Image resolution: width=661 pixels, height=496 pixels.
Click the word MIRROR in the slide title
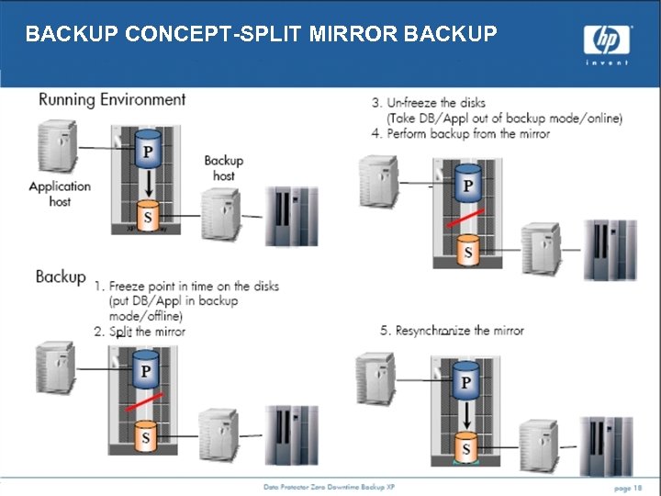pyautogui.click(x=354, y=34)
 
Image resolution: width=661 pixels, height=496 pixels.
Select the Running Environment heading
pyautogui.click(x=112, y=99)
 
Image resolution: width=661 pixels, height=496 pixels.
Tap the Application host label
pyautogui.click(x=60, y=193)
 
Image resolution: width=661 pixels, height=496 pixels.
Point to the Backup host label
pyautogui.click(x=223, y=168)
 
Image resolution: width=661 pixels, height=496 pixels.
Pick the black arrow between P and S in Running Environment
pyautogui.click(x=145, y=185)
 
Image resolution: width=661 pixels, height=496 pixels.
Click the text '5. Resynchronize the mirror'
pyautogui.click(x=452, y=331)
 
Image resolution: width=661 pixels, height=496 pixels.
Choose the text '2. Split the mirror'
pyautogui.click(x=140, y=332)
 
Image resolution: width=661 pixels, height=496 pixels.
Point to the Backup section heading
pyautogui.click(x=61, y=276)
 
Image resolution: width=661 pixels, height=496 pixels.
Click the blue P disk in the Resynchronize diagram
pyautogui.click(x=466, y=381)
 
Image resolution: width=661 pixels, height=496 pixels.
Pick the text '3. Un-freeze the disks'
pyautogui.click(x=429, y=102)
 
